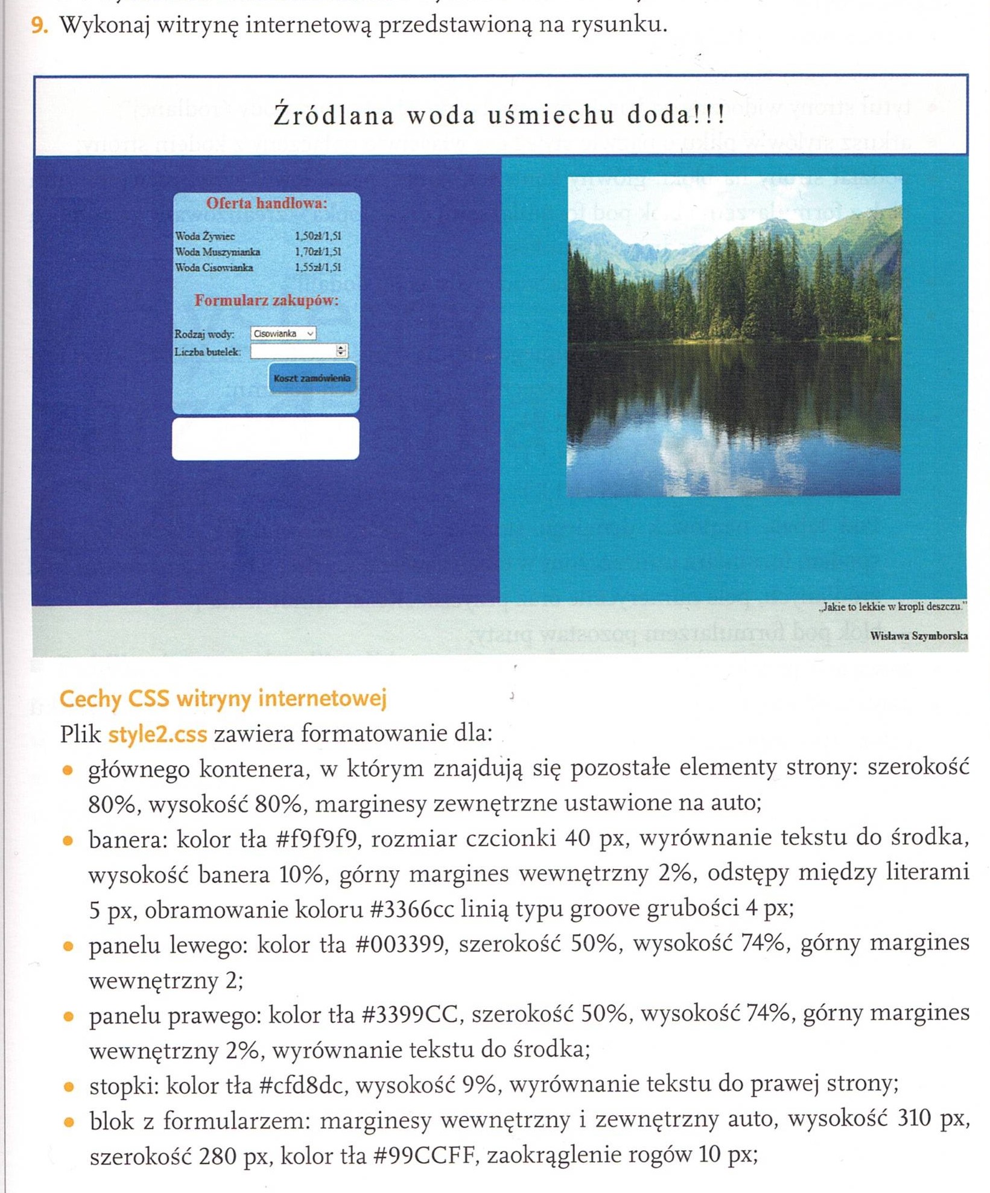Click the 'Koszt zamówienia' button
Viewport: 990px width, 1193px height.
coord(312,378)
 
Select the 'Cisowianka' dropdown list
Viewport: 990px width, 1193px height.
coord(283,334)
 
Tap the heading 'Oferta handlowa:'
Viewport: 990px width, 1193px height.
coord(267,203)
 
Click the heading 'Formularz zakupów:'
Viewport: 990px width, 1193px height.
coord(267,301)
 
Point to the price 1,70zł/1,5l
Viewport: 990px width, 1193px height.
coord(318,252)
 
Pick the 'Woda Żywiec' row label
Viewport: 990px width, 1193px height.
coord(205,237)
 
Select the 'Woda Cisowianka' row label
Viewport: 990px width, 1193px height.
coord(214,268)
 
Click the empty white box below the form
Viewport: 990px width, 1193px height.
coord(265,439)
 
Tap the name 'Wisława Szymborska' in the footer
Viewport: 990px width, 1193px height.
coord(919,635)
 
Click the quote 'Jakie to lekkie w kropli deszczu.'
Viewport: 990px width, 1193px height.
coord(892,607)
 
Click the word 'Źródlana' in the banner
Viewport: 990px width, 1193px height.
coord(334,115)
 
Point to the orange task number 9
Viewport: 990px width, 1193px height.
coord(39,25)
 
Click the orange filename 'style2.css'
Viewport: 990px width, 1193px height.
coord(157,734)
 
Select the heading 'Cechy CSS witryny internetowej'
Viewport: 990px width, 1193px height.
coord(223,699)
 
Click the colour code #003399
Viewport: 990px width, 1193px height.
coord(402,944)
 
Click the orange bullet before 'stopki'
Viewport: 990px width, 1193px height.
coord(69,1087)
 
